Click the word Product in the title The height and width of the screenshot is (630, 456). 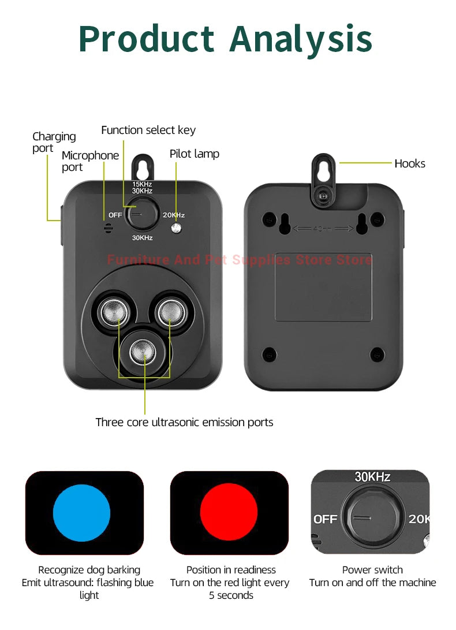tap(147, 39)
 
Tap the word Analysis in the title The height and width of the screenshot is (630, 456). tap(301, 39)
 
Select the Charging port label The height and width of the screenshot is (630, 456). tap(54, 142)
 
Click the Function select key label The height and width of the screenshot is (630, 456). tap(148, 130)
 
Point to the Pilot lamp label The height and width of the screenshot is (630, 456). tap(194, 154)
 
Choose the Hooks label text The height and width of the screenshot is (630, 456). tap(410, 163)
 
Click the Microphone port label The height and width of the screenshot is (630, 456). tap(90, 161)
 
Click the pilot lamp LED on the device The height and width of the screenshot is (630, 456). tap(177, 228)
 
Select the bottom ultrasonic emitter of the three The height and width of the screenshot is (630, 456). tap(144, 351)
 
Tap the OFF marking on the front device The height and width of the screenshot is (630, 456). tap(115, 215)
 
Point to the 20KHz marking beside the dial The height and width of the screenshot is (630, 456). tap(173, 215)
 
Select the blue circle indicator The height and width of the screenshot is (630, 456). tap(81, 513)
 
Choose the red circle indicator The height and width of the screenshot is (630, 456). tap(229, 513)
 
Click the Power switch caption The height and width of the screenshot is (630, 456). tap(372, 570)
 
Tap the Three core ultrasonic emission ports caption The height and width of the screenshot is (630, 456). tap(184, 422)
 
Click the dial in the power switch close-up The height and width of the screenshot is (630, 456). tap(370, 516)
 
